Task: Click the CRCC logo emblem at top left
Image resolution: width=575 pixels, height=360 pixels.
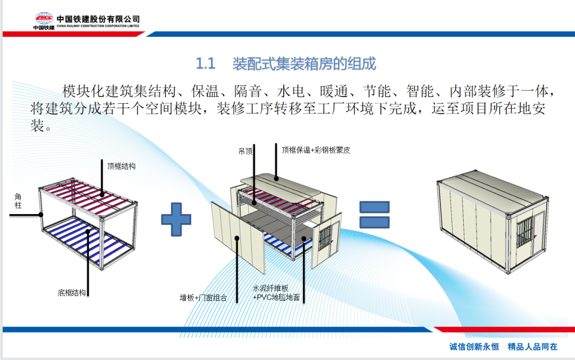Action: coord(44,19)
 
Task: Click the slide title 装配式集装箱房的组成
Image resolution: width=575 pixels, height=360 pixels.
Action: coord(304,64)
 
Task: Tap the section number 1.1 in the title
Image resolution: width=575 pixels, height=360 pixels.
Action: coord(206,64)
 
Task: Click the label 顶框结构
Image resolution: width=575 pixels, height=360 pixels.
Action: coord(121,166)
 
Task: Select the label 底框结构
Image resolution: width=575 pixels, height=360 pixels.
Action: coord(72,292)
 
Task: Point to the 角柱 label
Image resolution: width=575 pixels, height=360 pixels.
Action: coord(18,200)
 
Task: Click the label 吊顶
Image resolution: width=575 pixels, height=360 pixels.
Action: coord(245,151)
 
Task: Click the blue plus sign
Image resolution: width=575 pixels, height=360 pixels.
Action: coord(176,222)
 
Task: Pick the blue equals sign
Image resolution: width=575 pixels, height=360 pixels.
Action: coord(374,214)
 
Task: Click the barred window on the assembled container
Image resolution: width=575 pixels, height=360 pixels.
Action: coord(522,231)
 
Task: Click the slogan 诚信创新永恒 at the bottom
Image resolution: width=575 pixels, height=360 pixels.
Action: coord(474,347)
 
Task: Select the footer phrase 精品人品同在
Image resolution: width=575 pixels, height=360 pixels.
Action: coord(532,347)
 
